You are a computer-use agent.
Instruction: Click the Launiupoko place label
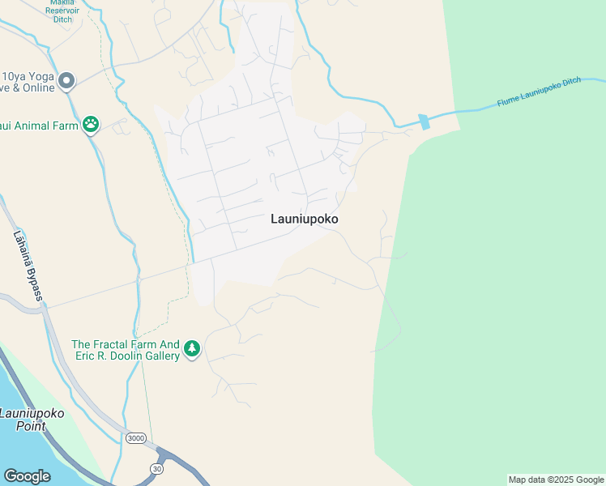304,219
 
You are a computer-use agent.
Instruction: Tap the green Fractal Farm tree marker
192,349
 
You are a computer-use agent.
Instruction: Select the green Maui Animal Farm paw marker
92,125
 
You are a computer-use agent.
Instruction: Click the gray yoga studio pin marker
66,81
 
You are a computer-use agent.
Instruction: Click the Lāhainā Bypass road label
26,266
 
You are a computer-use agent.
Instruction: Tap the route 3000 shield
136,438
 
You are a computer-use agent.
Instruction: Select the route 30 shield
156,469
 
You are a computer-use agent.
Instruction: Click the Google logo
27,476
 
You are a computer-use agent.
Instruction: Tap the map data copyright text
556,480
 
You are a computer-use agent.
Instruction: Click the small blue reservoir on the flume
425,122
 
